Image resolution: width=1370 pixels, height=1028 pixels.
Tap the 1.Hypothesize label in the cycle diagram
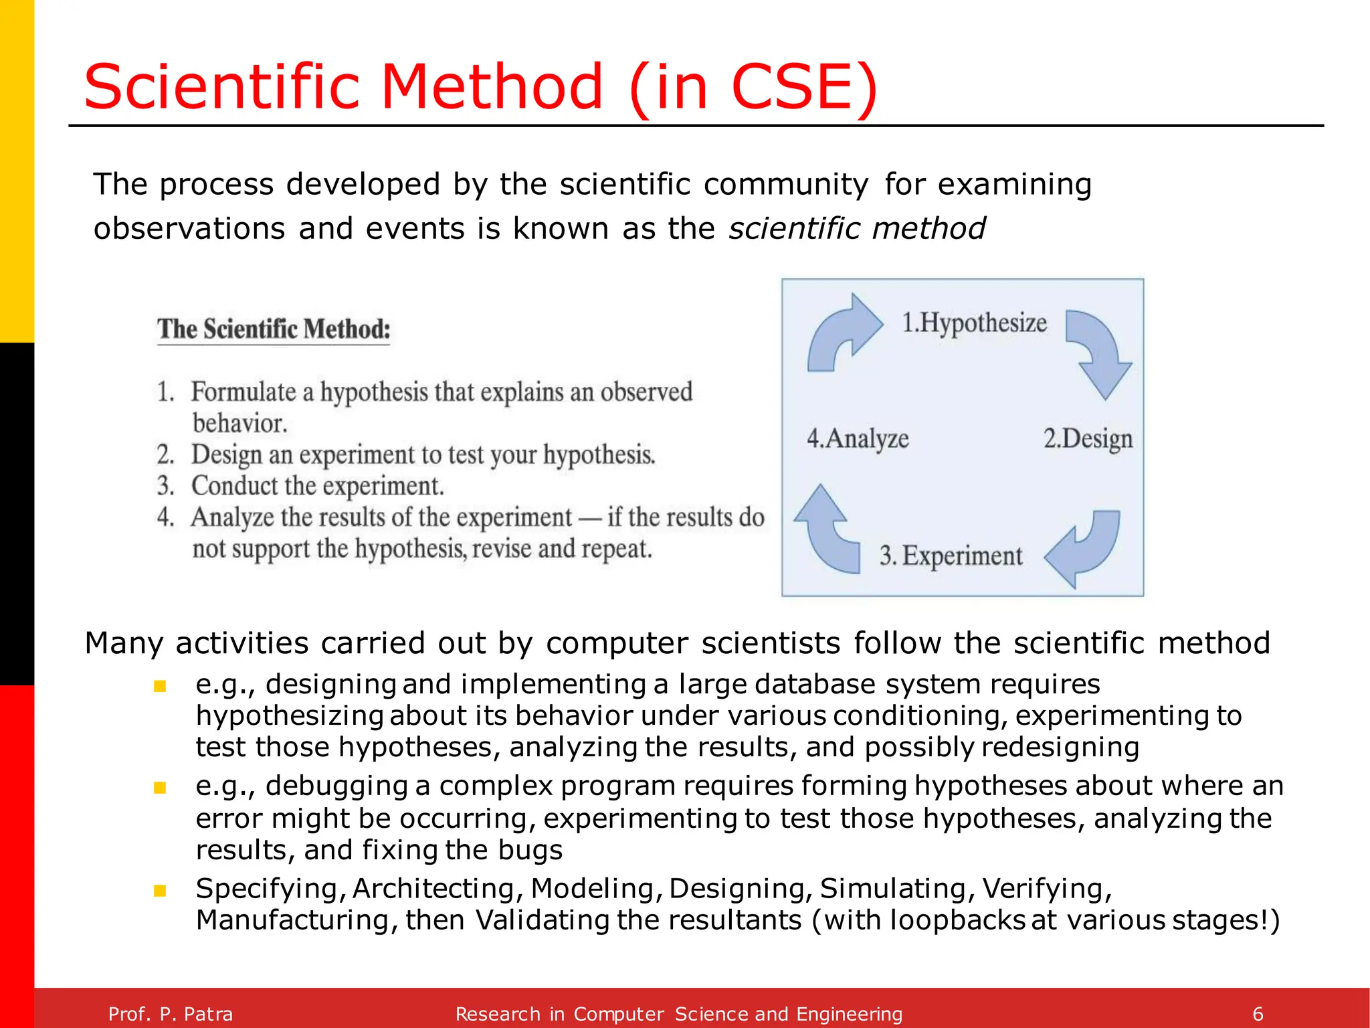pos(974,323)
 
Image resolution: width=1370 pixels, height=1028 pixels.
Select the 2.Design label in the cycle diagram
pos(1088,439)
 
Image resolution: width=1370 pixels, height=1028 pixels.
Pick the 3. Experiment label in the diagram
pos(951,556)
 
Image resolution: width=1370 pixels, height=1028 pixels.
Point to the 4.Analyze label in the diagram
pos(858,439)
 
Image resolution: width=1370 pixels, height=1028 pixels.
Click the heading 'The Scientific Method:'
pos(274,329)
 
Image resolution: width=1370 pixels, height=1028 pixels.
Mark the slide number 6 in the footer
pos(1258,1014)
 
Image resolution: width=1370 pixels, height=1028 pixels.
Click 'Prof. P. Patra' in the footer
pos(171,1014)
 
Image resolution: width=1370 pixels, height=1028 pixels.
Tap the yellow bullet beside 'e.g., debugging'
pos(160,788)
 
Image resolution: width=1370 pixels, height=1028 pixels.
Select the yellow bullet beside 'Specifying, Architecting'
pos(160,891)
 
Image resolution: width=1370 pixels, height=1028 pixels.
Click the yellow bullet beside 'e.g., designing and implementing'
pos(160,686)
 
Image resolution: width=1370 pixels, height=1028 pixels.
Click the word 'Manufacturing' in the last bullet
pos(292,921)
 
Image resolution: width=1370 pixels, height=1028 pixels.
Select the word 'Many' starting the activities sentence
pos(124,643)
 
